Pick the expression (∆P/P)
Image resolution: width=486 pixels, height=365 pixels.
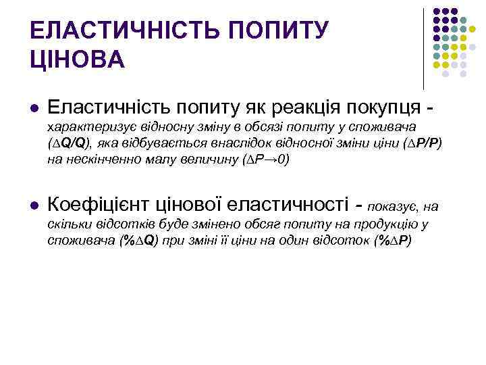(x=421, y=144)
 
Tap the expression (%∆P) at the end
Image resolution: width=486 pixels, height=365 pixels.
(x=391, y=241)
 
